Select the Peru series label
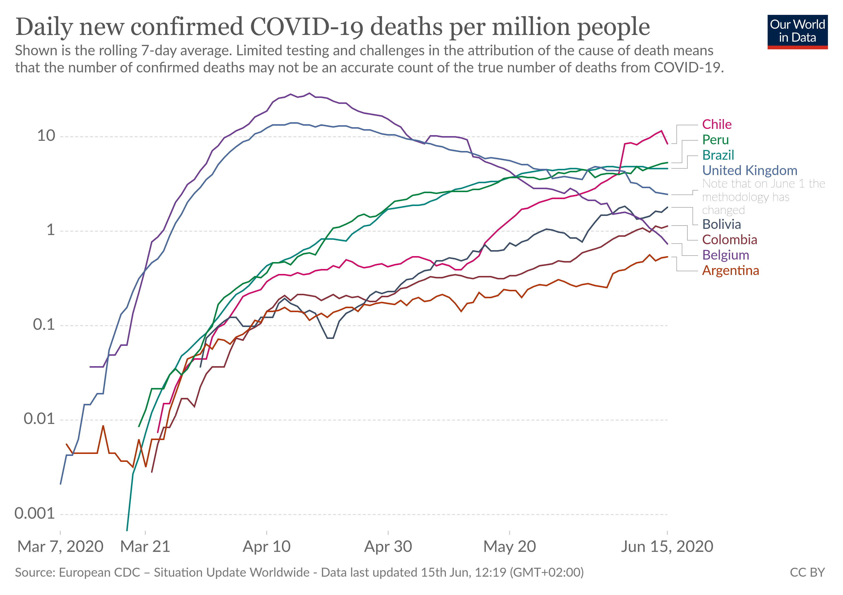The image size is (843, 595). pyautogui.click(x=715, y=140)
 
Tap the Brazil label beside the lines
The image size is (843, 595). pyautogui.click(x=718, y=155)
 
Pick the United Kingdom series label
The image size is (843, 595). pyautogui.click(x=749, y=171)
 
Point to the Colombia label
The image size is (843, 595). pyautogui.click(x=729, y=240)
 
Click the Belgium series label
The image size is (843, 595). pyautogui.click(x=725, y=255)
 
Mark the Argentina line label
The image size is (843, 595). pyautogui.click(x=730, y=270)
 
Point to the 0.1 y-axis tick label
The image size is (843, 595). pyautogui.click(x=44, y=325)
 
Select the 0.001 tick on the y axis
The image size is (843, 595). pyautogui.click(x=34, y=513)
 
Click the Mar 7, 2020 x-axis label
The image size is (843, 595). pyautogui.click(x=60, y=547)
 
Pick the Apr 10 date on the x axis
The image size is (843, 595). pyautogui.click(x=267, y=547)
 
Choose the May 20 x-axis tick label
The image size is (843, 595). pyautogui.click(x=509, y=547)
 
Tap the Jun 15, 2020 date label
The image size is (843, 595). pyautogui.click(x=667, y=547)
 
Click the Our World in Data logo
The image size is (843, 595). pyautogui.click(x=797, y=31)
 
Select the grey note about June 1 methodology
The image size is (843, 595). pyautogui.click(x=763, y=197)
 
